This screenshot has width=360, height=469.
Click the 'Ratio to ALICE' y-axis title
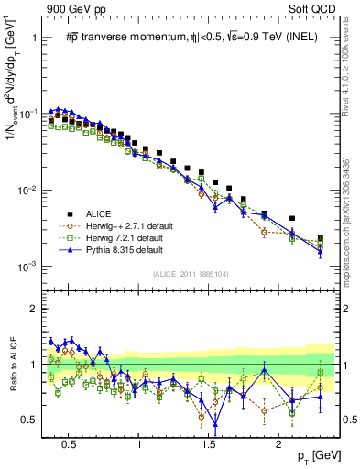click(13, 365)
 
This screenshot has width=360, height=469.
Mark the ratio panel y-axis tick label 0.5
click(33, 420)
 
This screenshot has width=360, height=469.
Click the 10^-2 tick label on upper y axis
click(31, 191)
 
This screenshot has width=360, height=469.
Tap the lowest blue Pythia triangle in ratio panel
click(215, 422)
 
